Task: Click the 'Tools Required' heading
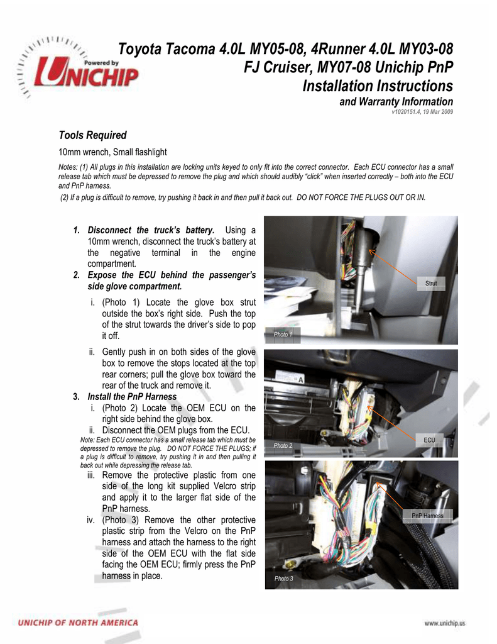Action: [92, 135]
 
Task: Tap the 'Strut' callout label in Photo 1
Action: [431, 284]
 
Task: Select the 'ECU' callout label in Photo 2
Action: [430, 440]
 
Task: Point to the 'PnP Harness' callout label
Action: [427, 516]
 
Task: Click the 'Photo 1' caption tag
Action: [283, 335]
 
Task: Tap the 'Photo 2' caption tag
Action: [283, 445]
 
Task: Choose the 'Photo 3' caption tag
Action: [283, 579]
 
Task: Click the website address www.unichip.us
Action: [445, 623]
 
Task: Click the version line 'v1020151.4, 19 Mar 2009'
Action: [422, 112]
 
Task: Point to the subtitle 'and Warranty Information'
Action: [396, 102]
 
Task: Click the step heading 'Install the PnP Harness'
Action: [132, 397]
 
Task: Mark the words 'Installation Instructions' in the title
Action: [378, 86]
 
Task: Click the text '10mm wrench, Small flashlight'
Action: [112, 152]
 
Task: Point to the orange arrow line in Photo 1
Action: [395, 265]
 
